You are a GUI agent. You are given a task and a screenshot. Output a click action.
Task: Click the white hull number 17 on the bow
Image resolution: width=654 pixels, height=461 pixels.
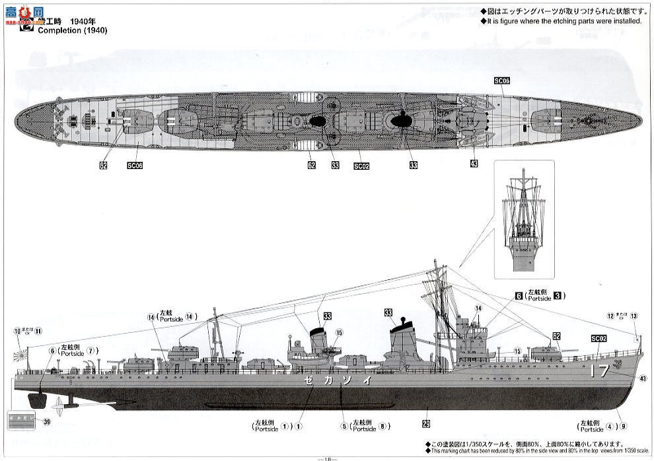coord(599,371)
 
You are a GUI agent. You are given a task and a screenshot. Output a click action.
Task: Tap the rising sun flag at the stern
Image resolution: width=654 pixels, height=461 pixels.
coord(22,355)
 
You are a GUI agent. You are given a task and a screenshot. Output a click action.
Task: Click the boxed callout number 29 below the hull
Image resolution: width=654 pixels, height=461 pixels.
coord(426,423)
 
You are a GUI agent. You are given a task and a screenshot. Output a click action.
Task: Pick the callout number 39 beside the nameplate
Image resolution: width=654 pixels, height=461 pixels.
coord(46,421)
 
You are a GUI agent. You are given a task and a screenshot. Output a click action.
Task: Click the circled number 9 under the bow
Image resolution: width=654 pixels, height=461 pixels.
coord(622,425)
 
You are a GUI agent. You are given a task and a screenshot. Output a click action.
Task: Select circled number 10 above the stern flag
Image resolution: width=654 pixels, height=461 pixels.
coord(17,331)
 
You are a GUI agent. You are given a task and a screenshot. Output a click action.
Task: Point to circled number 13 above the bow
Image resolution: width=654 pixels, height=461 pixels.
coord(634,316)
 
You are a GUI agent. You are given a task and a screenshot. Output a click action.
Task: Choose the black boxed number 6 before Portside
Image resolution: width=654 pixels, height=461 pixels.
coord(519,295)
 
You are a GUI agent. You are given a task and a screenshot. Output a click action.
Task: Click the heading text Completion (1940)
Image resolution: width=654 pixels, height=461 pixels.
coord(72,30)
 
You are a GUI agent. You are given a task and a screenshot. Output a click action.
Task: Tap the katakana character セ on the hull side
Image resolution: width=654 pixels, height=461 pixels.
coord(308,381)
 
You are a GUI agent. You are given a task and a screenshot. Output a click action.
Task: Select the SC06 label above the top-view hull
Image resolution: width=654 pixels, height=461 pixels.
coord(501,81)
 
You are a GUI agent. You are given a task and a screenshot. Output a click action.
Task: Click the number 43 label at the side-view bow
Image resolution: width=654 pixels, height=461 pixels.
coord(643,378)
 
